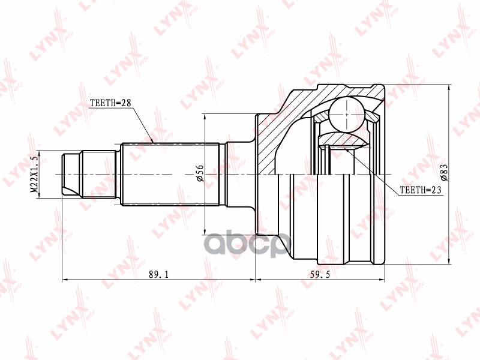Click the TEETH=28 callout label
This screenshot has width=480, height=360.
tap(110, 103)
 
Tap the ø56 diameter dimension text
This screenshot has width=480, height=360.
tap(200, 174)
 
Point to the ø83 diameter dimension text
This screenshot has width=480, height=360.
tap(445, 174)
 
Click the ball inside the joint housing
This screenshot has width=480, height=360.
tap(347, 113)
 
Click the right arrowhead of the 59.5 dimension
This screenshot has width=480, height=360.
tap(383, 280)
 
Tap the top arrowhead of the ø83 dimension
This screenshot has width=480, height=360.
tap(449, 86)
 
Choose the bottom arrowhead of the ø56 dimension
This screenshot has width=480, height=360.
tap(206, 231)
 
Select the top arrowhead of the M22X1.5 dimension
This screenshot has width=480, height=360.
tap(40, 152)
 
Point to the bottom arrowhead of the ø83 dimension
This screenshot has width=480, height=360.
tap(449, 262)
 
